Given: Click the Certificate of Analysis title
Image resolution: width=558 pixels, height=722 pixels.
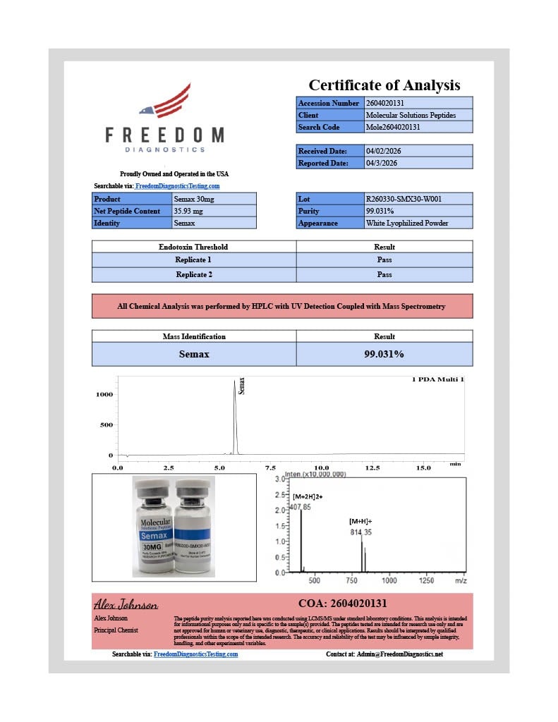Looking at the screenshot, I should click(384, 85).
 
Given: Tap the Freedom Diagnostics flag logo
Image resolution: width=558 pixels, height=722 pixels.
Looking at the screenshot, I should click(165, 102).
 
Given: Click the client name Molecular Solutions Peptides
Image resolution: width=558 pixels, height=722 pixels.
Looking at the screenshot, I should click(411, 115).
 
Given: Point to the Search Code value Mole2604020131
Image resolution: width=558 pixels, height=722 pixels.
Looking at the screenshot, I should click(393, 127).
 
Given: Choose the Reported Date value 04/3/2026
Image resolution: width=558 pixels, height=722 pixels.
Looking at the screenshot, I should click(382, 163).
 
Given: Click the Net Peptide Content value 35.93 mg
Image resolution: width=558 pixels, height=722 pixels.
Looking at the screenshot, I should click(188, 211).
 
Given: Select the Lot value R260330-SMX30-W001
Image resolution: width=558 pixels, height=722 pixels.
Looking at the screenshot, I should click(404, 199).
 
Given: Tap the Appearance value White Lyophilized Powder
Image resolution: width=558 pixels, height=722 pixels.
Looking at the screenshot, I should click(407, 223).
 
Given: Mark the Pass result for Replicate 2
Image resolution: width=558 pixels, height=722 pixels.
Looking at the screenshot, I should click(384, 274).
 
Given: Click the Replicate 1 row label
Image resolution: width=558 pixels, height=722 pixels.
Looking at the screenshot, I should click(193, 259).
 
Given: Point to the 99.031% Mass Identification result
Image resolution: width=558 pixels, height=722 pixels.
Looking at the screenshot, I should click(384, 354).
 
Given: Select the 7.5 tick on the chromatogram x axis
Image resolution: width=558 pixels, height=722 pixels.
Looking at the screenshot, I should click(270, 467).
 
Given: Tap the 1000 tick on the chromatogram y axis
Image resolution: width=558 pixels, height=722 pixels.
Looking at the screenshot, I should click(104, 395).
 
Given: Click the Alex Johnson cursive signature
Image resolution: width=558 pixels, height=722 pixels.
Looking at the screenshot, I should click(126, 605).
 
